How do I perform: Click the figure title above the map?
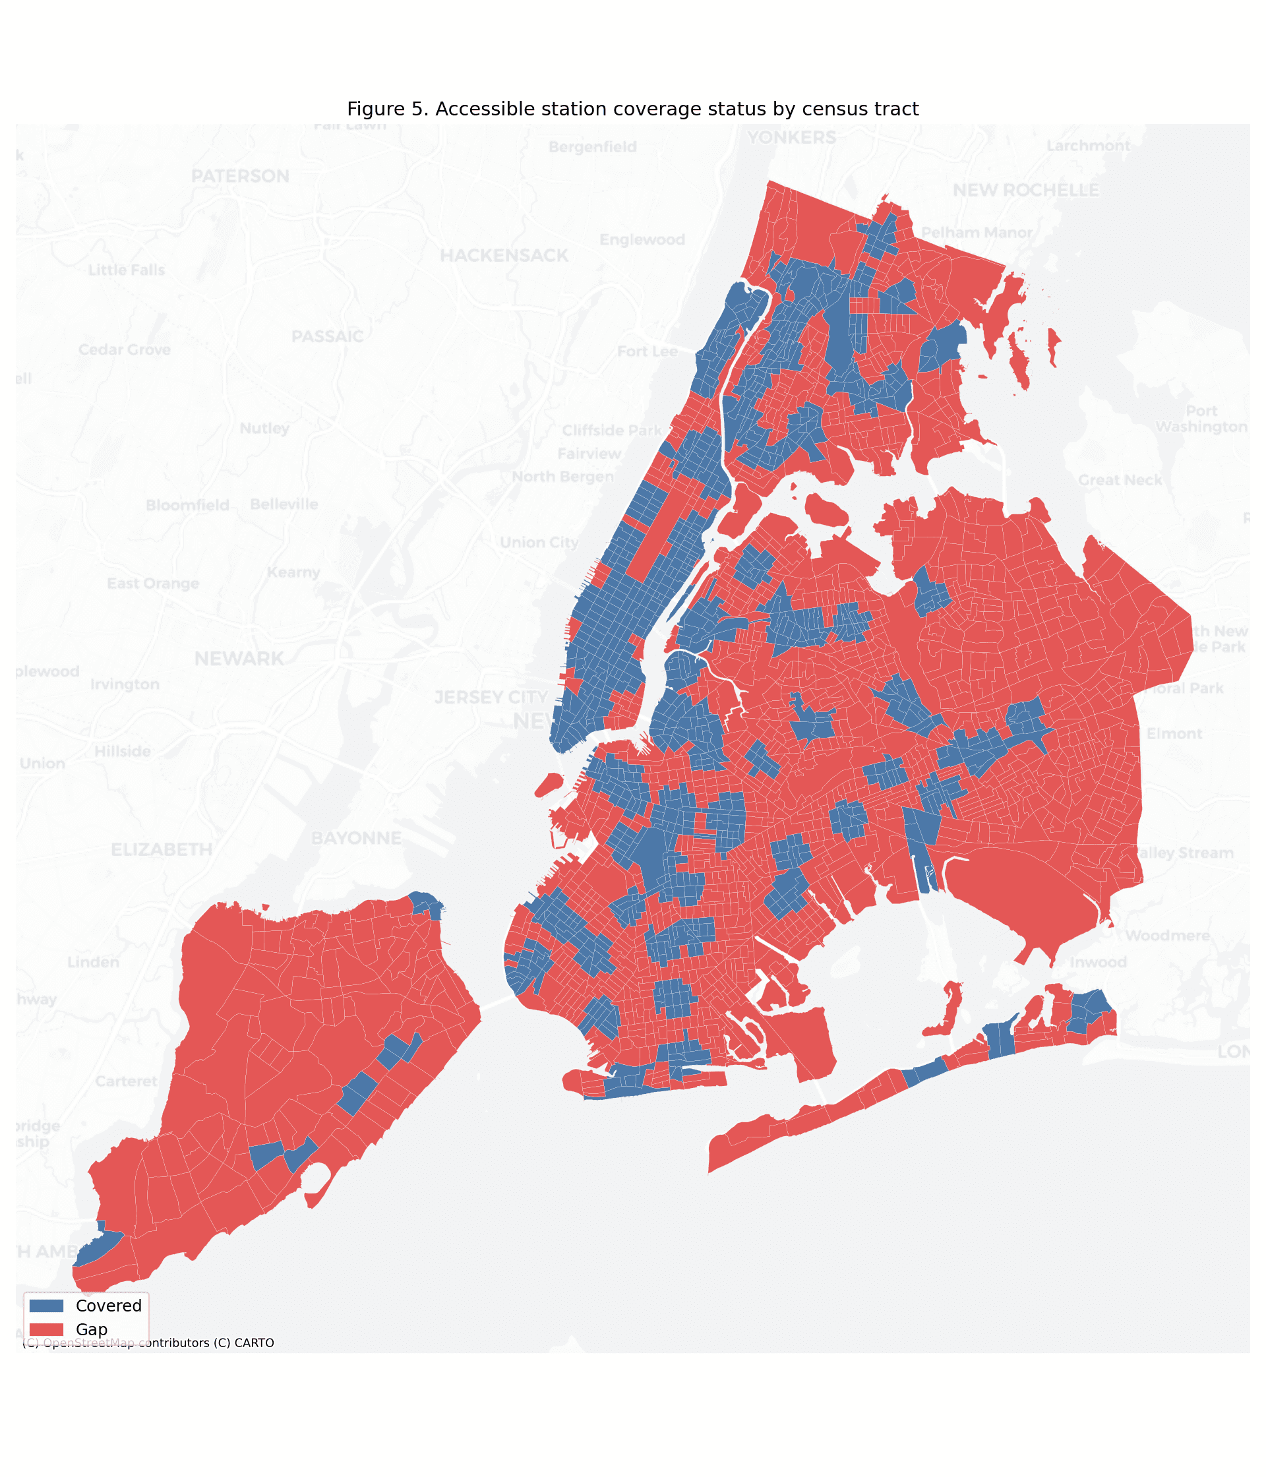(x=632, y=109)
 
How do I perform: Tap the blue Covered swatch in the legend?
(x=46, y=1305)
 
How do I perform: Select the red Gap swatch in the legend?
(x=46, y=1329)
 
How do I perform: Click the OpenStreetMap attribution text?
(x=148, y=1343)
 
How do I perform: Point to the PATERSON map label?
(x=240, y=176)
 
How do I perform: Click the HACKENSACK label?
(x=504, y=255)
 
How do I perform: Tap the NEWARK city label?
(x=239, y=659)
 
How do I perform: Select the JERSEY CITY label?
(x=491, y=697)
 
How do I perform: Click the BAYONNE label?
(x=357, y=837)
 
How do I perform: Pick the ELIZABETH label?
(x=162, y=849)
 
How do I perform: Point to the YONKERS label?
(x=791, y=138)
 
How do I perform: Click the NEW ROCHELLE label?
(x=1026, y=191)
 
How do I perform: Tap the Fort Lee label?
(x=648, y=351)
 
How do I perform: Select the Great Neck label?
(x=1120, y=480)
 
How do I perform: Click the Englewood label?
(x=642, y=239)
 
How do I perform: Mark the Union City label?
(x=539, y=543)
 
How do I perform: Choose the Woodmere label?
(x=1168, y=935)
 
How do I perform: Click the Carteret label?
(x=126, y=1081)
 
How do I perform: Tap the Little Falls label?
(x=126, y=270)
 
